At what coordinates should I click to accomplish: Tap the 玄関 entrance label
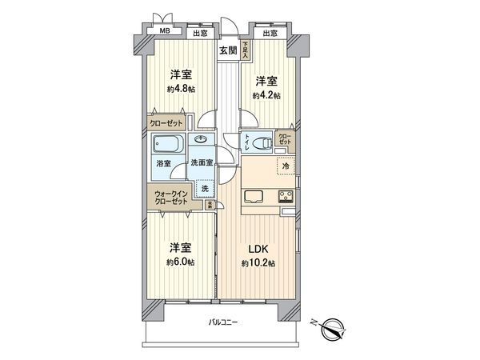pyautogui.click(x=227, y=50)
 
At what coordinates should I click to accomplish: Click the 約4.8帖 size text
pyautogui.click(x=181, y=90)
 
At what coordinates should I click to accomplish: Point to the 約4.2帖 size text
pyautogui.click(x=266, y=95)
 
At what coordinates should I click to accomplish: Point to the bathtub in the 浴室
pyautogui.click(x=169, y=147)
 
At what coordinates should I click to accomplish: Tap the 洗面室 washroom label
pyautogui.click(x=201, y=163)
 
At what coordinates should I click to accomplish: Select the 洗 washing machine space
pyautogui.click(x=205, y=188)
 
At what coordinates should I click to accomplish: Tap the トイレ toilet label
pyautogui.click(x=249, y=144)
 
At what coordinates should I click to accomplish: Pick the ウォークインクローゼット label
pyautogui.click(x=171, y=197)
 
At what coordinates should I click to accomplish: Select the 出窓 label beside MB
pyautogui.click(x=199, y=33)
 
